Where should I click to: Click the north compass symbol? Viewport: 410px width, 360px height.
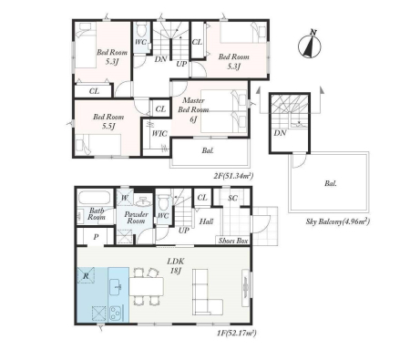309,46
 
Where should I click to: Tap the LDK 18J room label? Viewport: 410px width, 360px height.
176,265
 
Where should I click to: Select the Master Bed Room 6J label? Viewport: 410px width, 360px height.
193,109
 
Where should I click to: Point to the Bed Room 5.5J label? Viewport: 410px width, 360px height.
108,121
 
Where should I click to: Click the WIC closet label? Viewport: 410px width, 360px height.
159,133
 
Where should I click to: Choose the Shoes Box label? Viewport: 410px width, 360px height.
233,241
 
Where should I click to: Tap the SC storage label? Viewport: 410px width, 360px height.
232,198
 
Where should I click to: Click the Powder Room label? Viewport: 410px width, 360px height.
136,218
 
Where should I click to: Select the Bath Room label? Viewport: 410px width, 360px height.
97,214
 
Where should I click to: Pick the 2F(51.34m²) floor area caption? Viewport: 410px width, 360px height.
233,176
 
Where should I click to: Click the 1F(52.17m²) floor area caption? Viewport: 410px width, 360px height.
237,333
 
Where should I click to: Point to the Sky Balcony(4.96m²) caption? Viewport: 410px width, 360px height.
338,221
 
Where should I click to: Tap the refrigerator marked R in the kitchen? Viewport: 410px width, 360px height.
86,275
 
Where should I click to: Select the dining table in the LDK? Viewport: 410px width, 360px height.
147,286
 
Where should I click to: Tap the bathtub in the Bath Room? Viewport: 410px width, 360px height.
94,198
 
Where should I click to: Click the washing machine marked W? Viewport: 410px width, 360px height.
125,198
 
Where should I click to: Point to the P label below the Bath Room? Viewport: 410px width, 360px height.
96,237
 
